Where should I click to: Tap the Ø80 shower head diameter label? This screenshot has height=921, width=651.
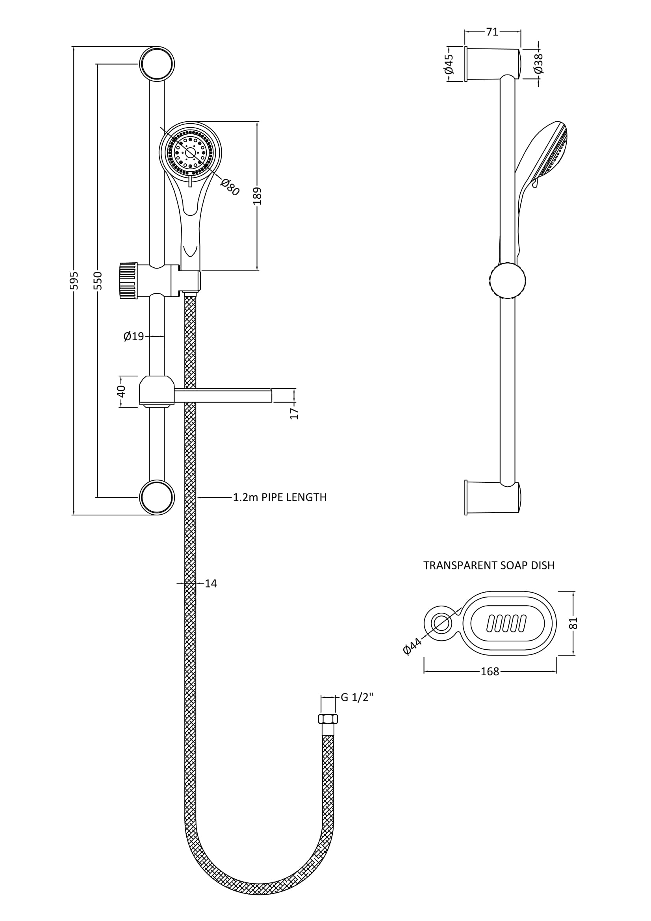click(x=230, y=187)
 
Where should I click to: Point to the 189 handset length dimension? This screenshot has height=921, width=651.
click(x=258, y=196)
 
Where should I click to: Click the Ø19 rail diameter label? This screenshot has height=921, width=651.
click(x=134, y=336)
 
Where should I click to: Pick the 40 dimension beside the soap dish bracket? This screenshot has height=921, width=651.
click(x=122, y=391)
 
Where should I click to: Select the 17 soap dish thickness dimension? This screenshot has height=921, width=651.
click(x=295, y=413)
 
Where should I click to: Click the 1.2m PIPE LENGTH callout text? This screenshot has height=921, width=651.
click(x=280, y=497)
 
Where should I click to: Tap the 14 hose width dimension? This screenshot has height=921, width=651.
click(x=211, y=583)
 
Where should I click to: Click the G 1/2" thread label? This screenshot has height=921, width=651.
click(x=357, y=698)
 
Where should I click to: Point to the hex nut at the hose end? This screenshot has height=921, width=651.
click(x=328, y=719)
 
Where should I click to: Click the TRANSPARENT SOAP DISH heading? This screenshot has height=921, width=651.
click(x=489, y=565)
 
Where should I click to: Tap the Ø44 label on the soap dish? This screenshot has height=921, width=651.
click(x=412, y=646)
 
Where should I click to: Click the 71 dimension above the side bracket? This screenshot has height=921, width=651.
click(x=492, y=32)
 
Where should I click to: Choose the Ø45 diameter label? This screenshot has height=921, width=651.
click(x=449, y=64)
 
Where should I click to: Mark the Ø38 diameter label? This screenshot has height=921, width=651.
click(x=539, y=63)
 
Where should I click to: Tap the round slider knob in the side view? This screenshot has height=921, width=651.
click(x=507, y=281)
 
